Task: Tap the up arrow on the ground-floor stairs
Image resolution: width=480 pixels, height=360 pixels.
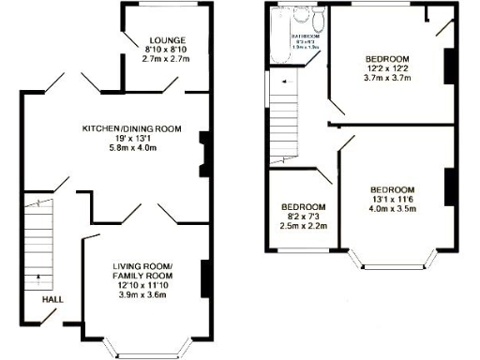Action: click(x=38, y=277)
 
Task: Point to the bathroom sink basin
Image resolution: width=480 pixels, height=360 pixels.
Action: click(x=301, y=14)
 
